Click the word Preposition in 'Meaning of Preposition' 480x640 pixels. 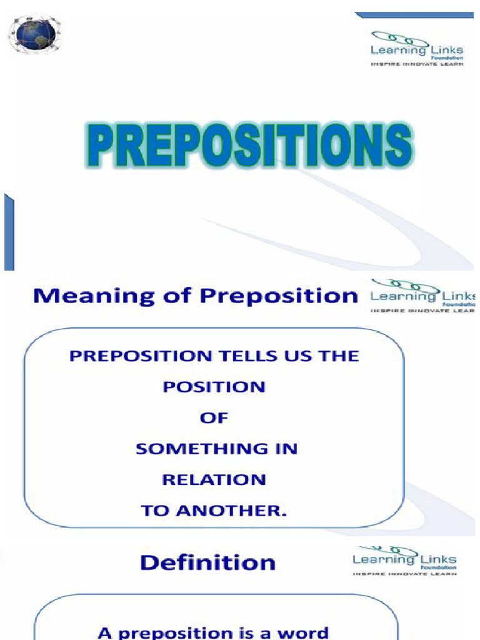[x=278, y=296]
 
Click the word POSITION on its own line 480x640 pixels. [x=214, y=387]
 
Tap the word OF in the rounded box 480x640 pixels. [x=214, y=417]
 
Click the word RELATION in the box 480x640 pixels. [x=214, y=479]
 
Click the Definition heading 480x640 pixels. [x=207, y=562]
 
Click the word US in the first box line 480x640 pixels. [x=304, y=356]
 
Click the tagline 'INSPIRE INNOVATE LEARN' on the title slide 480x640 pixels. [x=417, y=63]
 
